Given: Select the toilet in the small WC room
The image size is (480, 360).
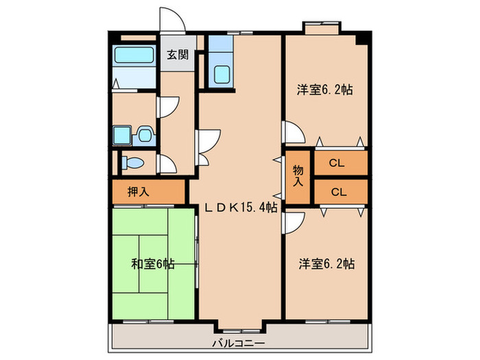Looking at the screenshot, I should [x=133, y=163].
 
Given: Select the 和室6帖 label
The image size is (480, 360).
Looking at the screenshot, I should [x=152, y=263].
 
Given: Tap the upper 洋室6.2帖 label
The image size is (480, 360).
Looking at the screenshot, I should [x=324, y=89].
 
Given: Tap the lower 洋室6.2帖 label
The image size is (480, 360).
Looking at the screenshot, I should [x=324, y=263].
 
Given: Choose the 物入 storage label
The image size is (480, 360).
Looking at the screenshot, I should [x=298, y=177].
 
